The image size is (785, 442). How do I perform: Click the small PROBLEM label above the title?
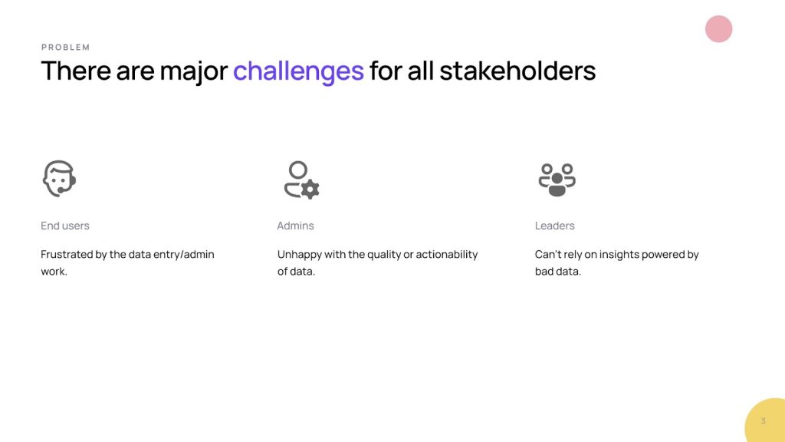(x=66, y=47)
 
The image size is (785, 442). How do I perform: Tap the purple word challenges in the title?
(x=298, y=71)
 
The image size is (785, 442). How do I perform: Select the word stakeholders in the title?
(x=517, y=70)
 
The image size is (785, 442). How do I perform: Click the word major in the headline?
(x=194, y=71)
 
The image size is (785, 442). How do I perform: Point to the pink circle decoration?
(x=719, y=29)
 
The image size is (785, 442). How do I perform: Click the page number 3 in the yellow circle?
(x=763, y=421)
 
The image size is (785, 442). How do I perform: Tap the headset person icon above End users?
(x=59, y=178)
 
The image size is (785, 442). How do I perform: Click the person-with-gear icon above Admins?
(x=301, y=180)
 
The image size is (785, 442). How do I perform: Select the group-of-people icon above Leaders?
(x=557, y=180)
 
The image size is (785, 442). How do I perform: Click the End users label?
(x=65, y=226)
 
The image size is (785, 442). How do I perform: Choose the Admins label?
(x=295, y=226)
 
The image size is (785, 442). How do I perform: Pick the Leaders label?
(x=555, y=226)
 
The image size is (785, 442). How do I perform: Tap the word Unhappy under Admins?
(x=300, y=255)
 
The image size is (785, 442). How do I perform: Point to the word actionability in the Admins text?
(x=447, y=255)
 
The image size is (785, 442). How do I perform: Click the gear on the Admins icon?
(x=310, y=190)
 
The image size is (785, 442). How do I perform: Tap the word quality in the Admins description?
(x=384, y=255)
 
